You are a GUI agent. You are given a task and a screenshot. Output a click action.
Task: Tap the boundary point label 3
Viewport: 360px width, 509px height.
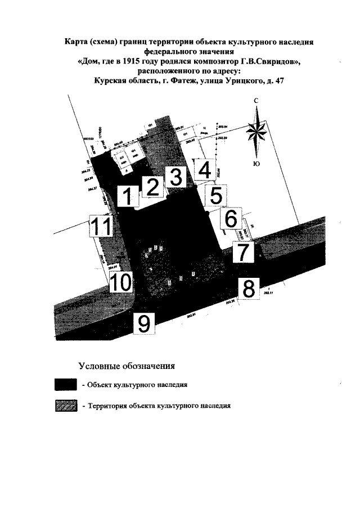coord(175,177)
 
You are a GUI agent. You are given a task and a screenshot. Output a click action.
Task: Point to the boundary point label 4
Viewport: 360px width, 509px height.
coord(205,169)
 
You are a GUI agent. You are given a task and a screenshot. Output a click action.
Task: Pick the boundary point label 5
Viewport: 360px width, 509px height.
coord(215,196)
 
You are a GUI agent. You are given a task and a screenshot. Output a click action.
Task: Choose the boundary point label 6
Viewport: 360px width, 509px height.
coord(230,218)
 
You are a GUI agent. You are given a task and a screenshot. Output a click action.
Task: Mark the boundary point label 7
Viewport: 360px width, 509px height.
coord(242,251)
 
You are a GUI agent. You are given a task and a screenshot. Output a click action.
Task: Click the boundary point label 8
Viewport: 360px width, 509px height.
coord(248,288)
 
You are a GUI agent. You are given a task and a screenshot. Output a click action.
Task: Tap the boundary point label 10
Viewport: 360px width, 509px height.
coord(121,282)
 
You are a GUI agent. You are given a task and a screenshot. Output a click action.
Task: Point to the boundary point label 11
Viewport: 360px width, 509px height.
coord(102,227)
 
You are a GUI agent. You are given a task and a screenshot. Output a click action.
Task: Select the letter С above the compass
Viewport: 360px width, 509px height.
coord(256,100)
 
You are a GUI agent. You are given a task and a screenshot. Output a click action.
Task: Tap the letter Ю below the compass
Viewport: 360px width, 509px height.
coord(256,164)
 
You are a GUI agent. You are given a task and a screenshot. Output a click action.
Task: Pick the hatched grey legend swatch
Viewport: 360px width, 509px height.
coord(66,405)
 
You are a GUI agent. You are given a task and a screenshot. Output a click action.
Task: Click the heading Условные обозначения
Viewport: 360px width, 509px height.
coord(127,366)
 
